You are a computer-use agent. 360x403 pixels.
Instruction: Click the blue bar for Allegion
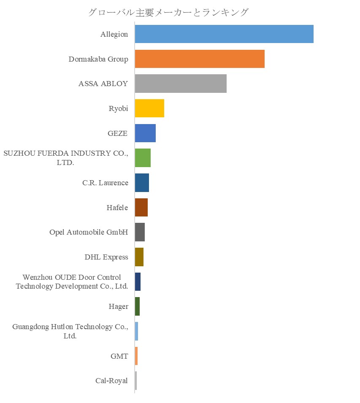tap(224, 34)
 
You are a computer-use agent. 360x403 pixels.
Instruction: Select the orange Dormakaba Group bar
tap(200, 59)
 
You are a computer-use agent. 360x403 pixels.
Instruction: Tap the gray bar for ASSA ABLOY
tap(181, 84)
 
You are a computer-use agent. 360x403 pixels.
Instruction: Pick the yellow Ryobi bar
tap(149, 108)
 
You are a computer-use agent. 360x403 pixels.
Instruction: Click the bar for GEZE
tap(145, 133)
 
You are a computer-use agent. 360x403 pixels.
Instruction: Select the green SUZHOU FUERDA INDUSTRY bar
tap(143, 158)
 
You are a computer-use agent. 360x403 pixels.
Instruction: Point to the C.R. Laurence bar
tap(142, 183)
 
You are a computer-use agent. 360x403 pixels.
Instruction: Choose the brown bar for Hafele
tap(141, 208)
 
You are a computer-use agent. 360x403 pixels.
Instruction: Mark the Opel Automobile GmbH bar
tap(140, 232)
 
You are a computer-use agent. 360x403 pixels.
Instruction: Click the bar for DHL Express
tap(139, 257)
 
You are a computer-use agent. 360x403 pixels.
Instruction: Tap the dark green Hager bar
tap(137, 306)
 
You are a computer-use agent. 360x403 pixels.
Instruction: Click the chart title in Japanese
tap(168, 12)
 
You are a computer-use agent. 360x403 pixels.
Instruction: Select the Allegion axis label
tap(114, 35)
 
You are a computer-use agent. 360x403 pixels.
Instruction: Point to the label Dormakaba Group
tap(98, 59)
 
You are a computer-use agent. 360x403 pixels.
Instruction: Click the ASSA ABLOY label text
tap(103, 84)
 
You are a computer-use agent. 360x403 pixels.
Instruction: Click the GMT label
tap(119, 356)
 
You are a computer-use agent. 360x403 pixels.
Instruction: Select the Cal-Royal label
tap(111, 381)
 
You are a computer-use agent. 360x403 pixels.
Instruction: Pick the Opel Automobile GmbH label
tap(89, 233)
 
